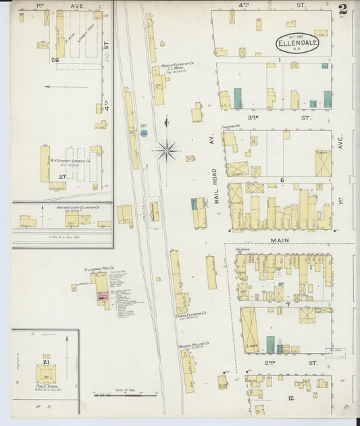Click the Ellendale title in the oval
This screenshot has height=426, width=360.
tap(295, 44)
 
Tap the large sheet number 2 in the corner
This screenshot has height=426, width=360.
tap(343, 9)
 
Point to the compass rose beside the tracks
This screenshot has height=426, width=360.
tap(167, 150)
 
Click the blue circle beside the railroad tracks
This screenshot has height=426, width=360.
tap(144, 134)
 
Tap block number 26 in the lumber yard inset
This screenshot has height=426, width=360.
tap(55, 60)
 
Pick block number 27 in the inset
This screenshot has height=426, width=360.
tap(61, 176)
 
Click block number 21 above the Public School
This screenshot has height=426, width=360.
tap(46, 362)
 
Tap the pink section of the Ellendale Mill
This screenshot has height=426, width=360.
tap(103, 296)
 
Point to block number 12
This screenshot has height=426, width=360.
tap(291, 398)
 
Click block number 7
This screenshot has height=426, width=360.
tap(287, 305)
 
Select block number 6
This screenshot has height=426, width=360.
tap(282, 180)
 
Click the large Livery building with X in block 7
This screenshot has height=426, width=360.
tap(249, 329)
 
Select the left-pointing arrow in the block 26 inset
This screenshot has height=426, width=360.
tap(66, 86)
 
